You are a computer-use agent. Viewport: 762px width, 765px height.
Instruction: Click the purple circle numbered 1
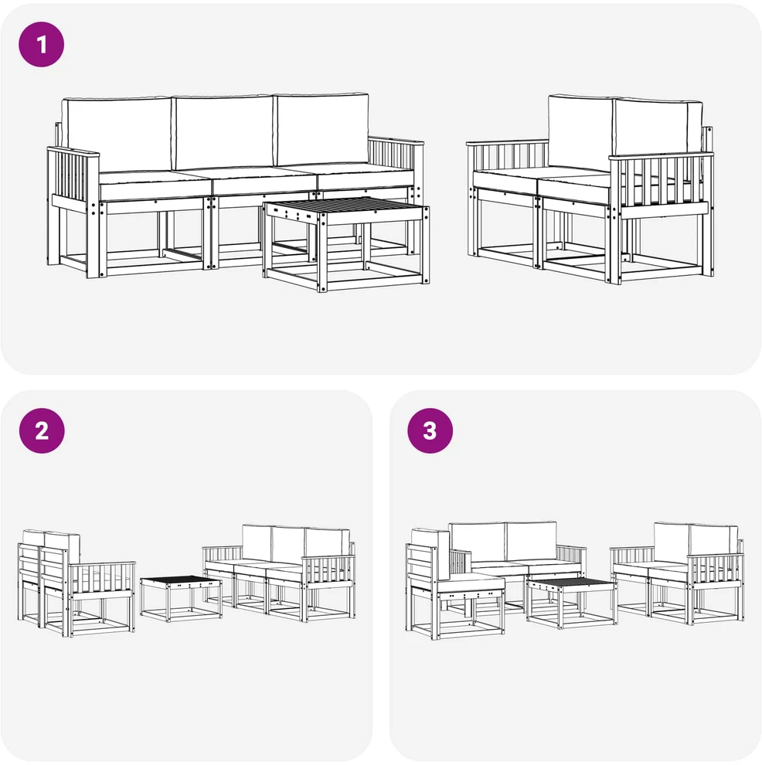tap(42, 44)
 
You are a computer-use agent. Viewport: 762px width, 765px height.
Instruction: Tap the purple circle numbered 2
tap(42, 431)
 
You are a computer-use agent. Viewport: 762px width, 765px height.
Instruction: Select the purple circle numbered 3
tap(430, 431)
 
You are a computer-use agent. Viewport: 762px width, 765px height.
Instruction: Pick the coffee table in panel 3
tap(572, 603)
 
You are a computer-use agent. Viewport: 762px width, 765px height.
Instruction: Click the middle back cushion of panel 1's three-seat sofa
tap(224, 133)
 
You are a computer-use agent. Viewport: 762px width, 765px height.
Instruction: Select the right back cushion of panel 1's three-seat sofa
tap(322, 129)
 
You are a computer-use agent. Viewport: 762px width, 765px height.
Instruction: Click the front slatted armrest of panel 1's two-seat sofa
tap(661, 188)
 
